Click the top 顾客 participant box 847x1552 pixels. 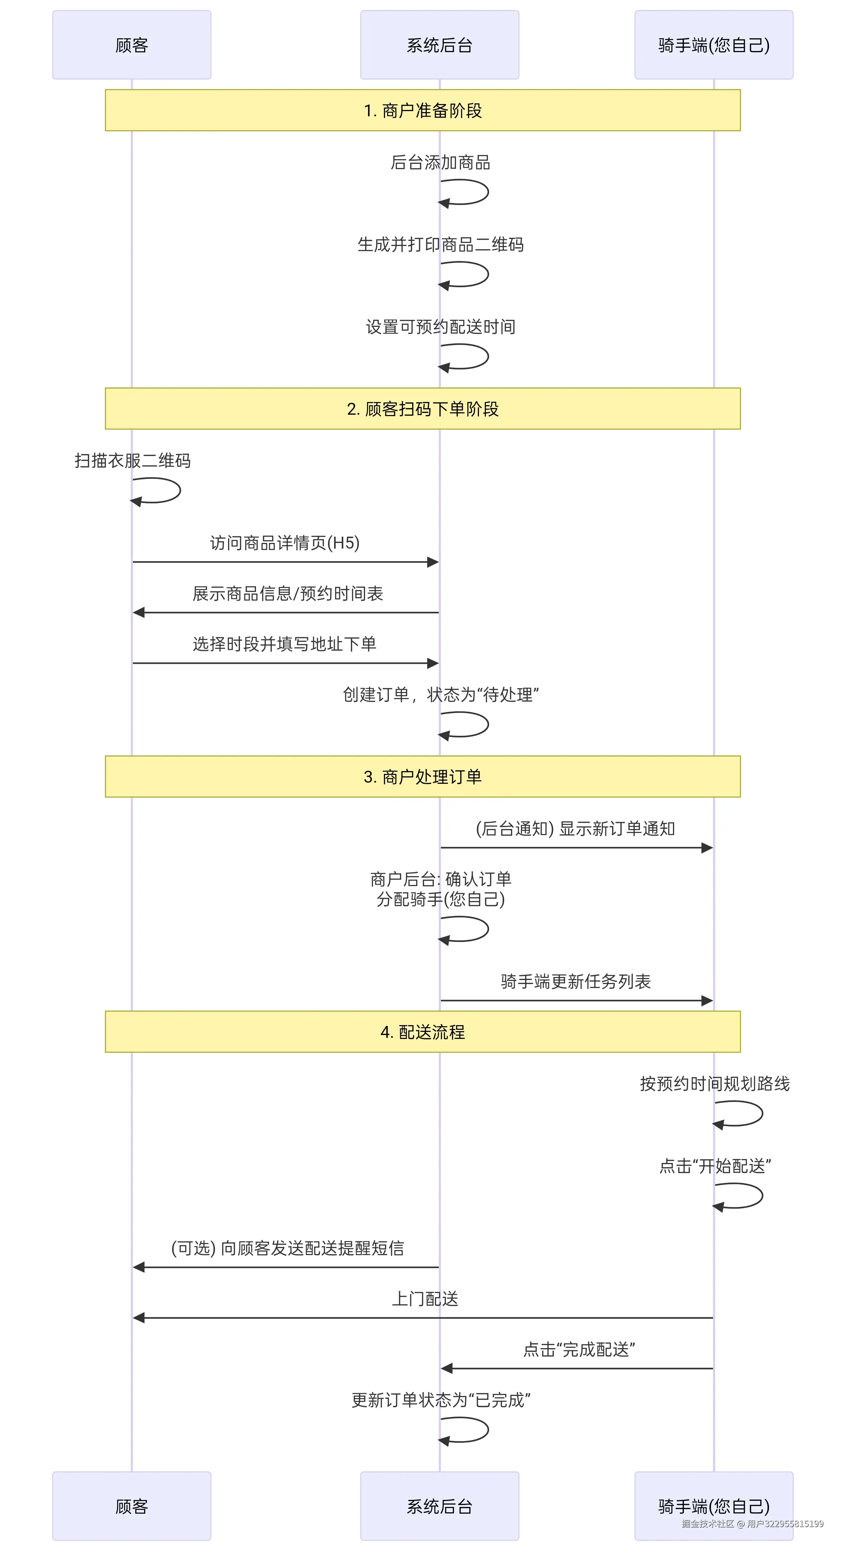(131, 45)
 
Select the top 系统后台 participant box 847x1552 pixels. (439, 45)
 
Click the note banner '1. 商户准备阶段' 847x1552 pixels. (423, 110)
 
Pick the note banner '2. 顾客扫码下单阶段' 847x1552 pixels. (423, 408)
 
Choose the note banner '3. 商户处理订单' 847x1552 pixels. (423, 777)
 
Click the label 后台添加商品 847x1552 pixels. (440, 162)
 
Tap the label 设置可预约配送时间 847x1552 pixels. (440, 326)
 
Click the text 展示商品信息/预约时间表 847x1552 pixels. (288, 594)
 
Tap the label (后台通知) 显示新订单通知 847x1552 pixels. (575, 828)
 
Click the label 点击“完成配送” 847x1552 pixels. (579, 1350)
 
